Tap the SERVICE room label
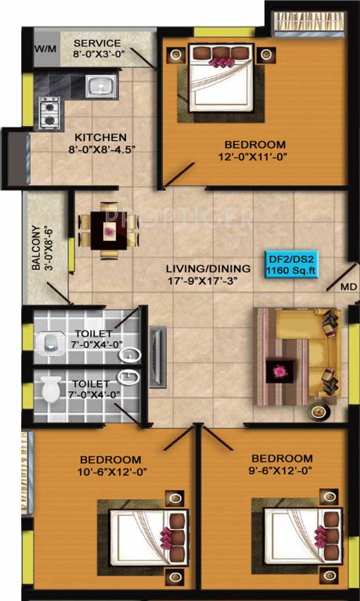point(97,42)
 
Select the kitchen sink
point(101,85)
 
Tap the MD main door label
point(348,287)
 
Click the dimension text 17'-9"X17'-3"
point(202,279)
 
